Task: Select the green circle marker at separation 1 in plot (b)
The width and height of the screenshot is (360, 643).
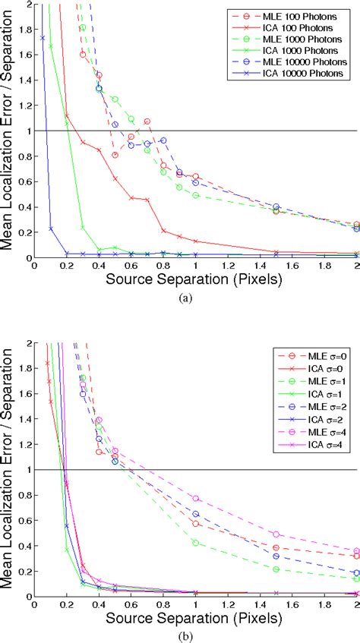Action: point(195,543)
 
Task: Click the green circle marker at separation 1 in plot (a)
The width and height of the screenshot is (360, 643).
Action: point(195,195)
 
